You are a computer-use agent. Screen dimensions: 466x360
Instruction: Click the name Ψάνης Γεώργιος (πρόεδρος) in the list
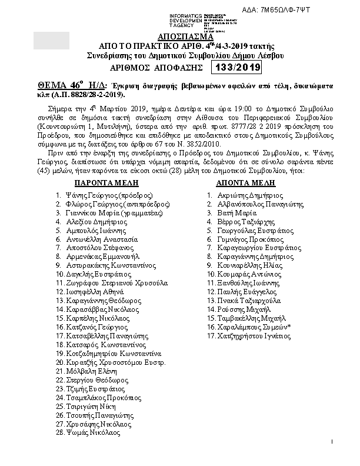coord(105,194)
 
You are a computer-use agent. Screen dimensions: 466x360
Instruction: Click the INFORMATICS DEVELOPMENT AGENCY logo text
coord(186,20)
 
